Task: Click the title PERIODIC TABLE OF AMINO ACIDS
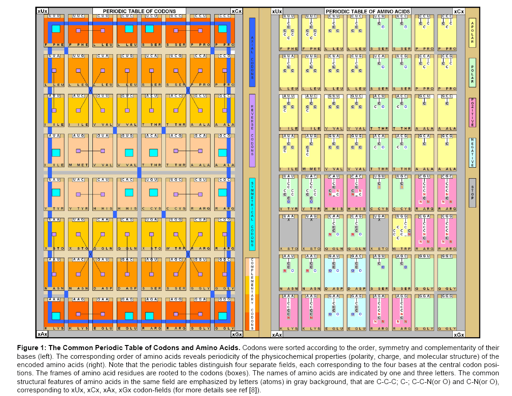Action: [x=367, y=11]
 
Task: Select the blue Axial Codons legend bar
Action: [x=252, y=52]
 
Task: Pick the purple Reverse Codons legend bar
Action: [x=252, y=130]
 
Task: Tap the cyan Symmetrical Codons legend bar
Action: [x=252, y=214]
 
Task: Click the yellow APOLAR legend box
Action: [x=472, y=33]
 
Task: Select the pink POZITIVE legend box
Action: [x=472, y=113]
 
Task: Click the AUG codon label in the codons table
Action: [x=79, y=136]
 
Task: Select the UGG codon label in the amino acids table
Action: [x=401, y=216]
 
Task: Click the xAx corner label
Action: [x=41, y=334]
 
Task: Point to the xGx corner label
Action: [x=237, y=334]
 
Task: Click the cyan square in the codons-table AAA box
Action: [x=56, y=316]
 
